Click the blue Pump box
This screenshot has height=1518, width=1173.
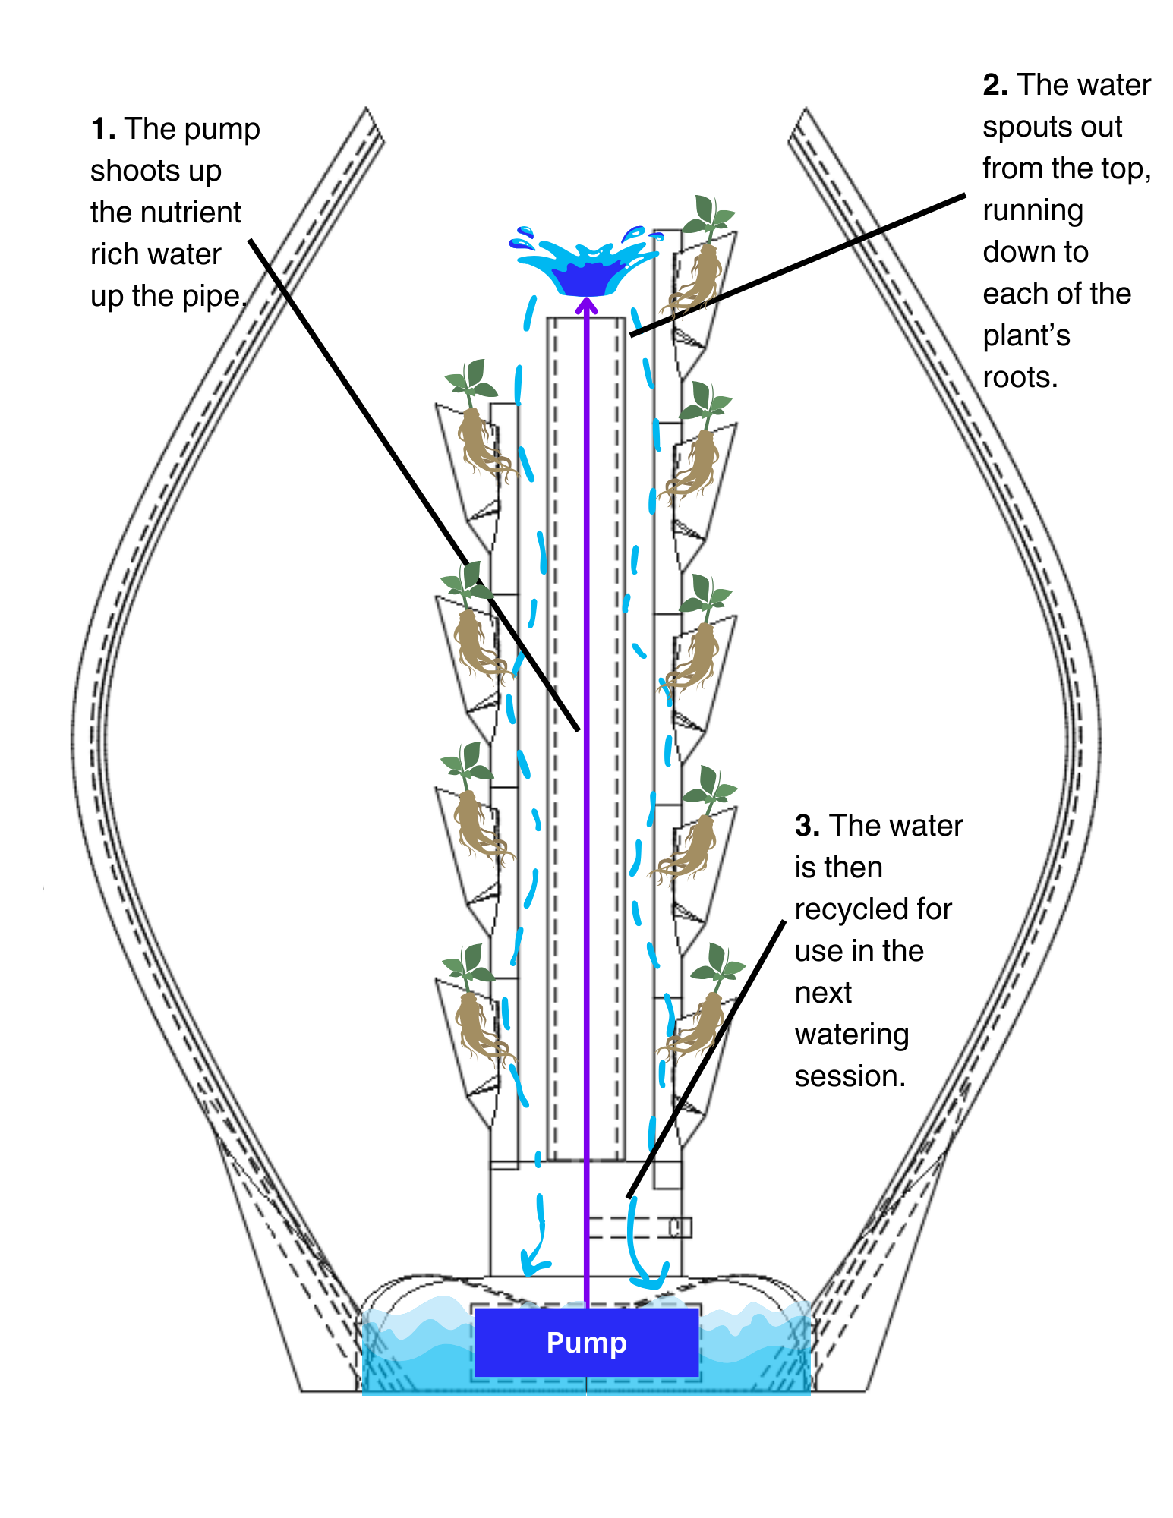[x=586, y=1342]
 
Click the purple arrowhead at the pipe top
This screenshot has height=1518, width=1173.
[x=586, y=305]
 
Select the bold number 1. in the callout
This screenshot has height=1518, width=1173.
[x=103, y=129]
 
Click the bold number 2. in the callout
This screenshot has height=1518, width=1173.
[x=995, y=85]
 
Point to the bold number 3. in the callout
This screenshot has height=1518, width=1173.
[x=807, y=826]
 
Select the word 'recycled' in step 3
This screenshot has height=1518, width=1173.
[x=843, y=909]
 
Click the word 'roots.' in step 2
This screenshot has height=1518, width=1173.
[x=1020, y=377]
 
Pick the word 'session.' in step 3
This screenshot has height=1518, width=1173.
[x=850, y=1076]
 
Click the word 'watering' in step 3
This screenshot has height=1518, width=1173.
[x=851, y=1035]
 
